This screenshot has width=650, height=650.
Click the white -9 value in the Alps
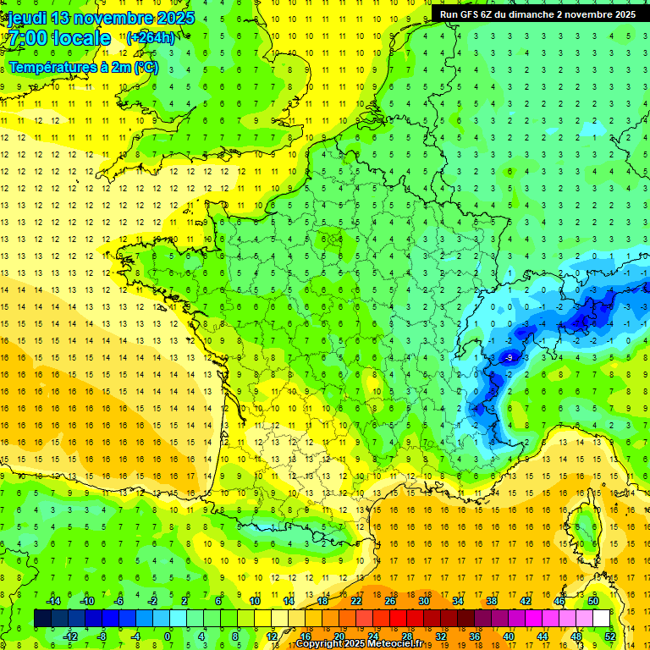[509, 358]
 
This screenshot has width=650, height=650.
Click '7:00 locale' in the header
[59, 38]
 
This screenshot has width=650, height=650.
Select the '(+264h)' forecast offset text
[151, 38]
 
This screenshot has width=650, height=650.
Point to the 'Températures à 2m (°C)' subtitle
[83, 67]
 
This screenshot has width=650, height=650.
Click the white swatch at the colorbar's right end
[601, 618]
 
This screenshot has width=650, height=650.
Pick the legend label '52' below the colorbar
[609, 636]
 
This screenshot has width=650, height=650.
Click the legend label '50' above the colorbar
[593, 601]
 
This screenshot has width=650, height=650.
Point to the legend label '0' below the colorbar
[168, 636]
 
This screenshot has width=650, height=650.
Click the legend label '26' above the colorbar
[390, 601]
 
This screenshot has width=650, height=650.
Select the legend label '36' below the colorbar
[474, 636]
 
